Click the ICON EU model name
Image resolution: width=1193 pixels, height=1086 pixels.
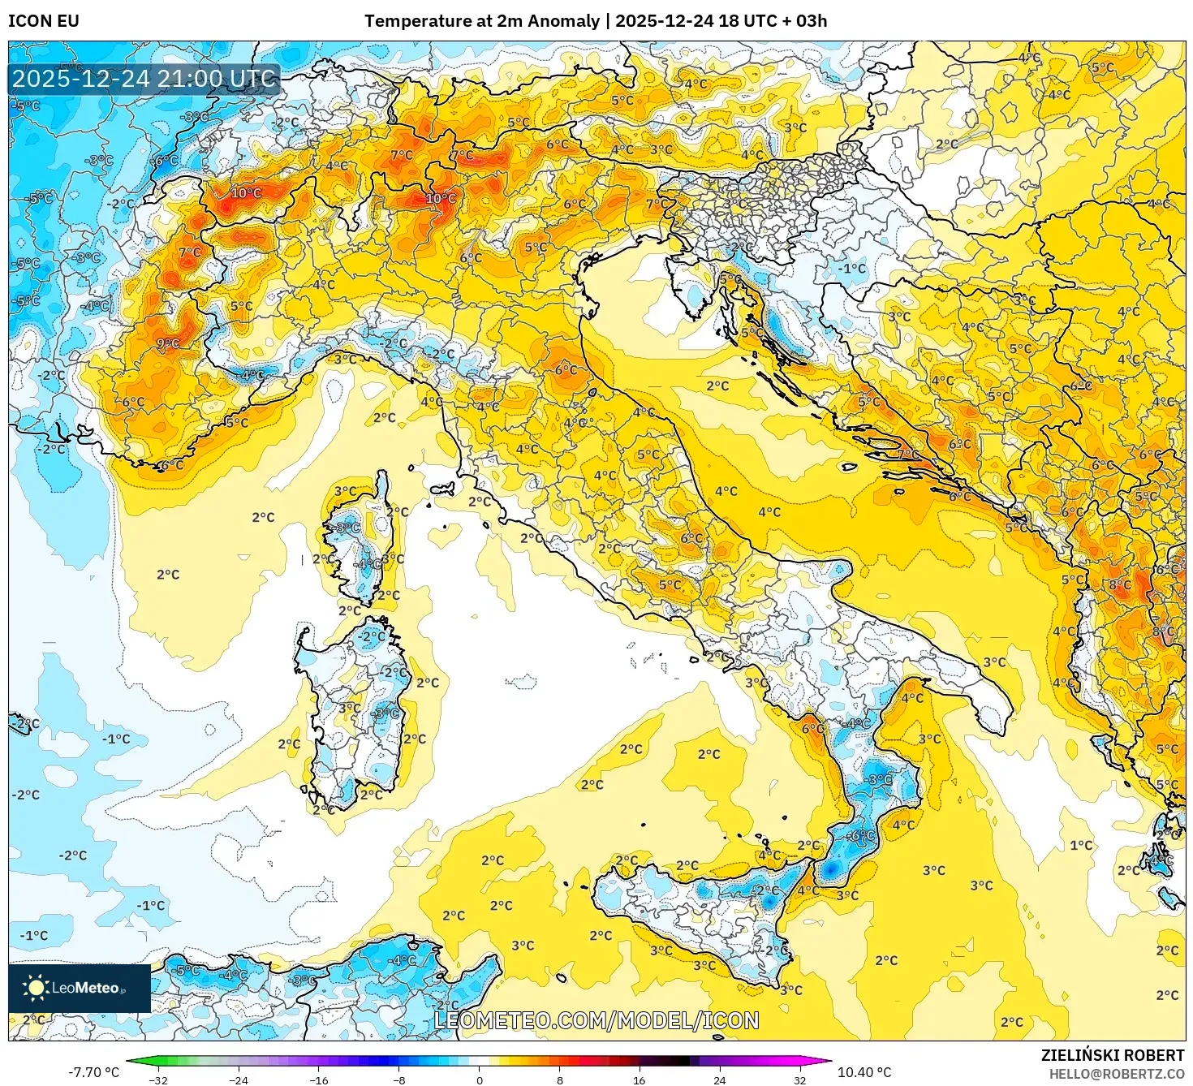[x=44, y=21]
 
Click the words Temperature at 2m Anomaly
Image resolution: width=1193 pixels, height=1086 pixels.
[x=481, y=21]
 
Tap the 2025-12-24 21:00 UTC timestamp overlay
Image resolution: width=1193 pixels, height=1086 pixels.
[x=144, y=80]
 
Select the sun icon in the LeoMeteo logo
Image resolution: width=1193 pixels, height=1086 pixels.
[x=36, y=988]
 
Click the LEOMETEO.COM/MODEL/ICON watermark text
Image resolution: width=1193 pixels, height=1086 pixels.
[x=596, y=1020]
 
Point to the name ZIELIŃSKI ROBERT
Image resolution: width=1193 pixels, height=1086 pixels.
[x=1113, y=1055]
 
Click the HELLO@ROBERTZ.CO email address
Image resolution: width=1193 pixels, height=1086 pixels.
[x=1116, y=1074]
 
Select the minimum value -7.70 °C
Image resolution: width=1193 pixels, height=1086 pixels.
[x=93, y=1072]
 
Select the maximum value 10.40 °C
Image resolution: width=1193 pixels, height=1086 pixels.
[x=864, y=1072]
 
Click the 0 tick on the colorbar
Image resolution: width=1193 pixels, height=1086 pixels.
[x=480, y=1080]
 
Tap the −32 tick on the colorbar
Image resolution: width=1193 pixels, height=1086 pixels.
[x=158, y=1080]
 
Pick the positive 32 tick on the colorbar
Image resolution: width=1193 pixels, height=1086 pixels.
[x=800, y=1080]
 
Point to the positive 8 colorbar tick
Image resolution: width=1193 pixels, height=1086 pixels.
[x=560, y=1080]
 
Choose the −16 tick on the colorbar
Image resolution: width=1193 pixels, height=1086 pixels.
[x=319, y=1080]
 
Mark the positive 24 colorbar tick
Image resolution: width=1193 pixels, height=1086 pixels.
[x=720, y=1080]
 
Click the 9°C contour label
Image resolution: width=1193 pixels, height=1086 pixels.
[x=168, y=344]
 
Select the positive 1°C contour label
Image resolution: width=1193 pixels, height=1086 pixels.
[x=1081, y=845]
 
